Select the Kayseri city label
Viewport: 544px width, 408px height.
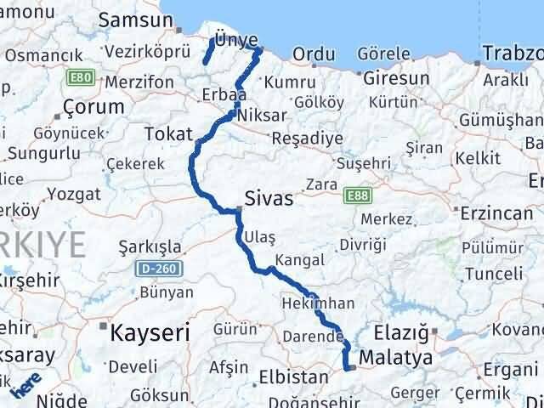[150, 332]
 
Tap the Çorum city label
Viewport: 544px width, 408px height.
[93, 108]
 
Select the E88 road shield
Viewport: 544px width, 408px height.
[357, 196]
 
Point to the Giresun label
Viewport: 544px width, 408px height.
[396, 78]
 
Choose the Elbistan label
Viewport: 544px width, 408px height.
[299, 377]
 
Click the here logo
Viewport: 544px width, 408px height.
[27, 388]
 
